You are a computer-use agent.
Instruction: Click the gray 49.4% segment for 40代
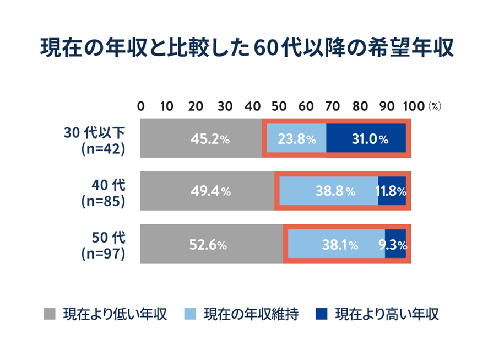[207, 191]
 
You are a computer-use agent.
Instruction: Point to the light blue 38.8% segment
[328, 191]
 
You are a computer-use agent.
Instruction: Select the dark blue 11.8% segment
[392, 191]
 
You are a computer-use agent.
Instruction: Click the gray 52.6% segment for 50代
[212, 244]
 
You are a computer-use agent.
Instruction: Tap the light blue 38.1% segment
[335, 244]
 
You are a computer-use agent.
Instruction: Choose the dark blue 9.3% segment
[395, 244]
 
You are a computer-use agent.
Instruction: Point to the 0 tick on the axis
[140, 106]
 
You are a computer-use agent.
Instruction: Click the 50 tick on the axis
[279, 106]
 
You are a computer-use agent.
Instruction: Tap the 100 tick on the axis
[414, 106]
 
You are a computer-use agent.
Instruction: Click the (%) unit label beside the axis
[435, 107]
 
